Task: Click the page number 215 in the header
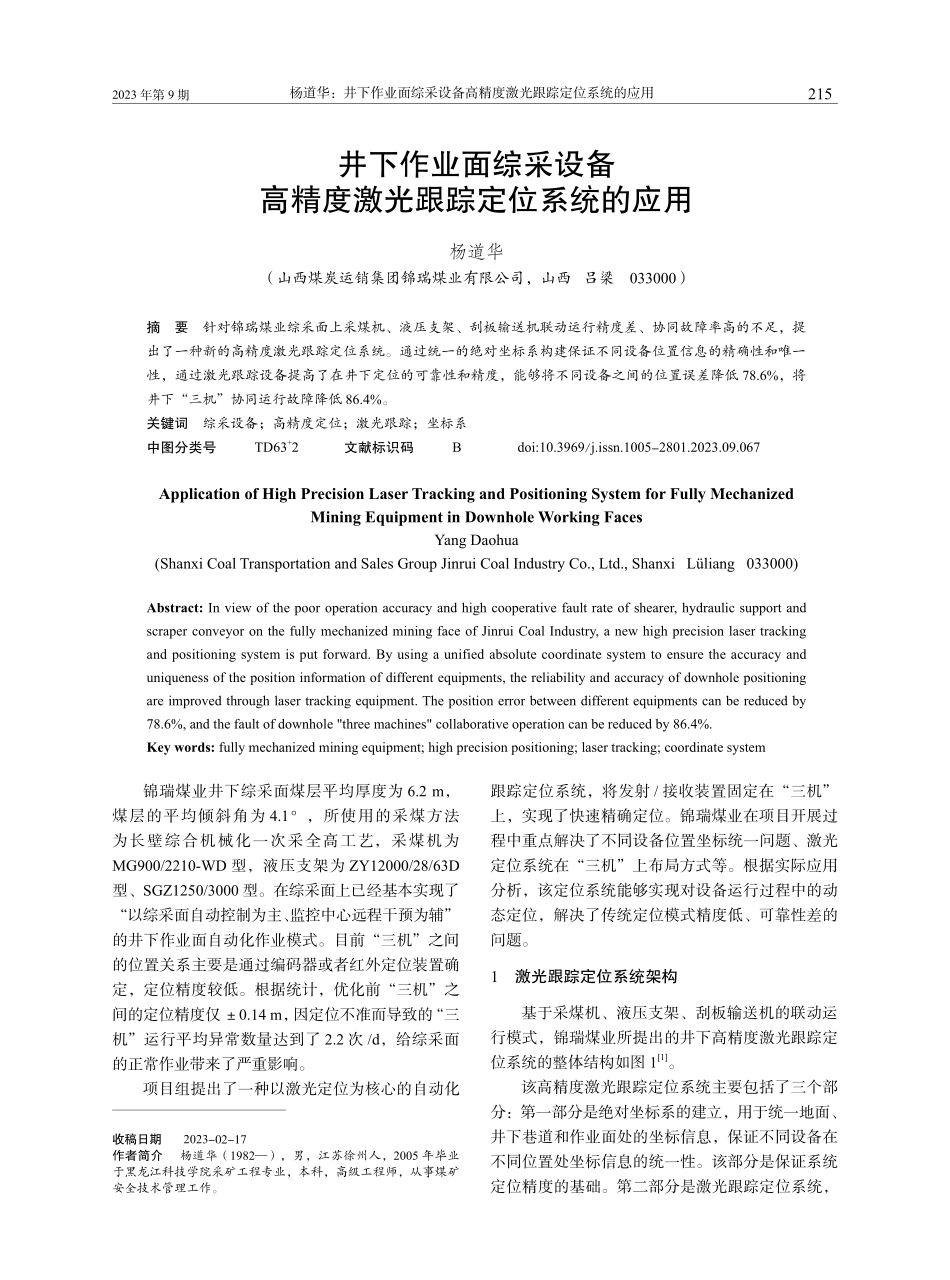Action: [x=819, y=94]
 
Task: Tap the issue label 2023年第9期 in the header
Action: [x=151, y=95]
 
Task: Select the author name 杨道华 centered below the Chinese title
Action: [x=476, y=251]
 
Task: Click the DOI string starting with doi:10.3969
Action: [x=638, y=448]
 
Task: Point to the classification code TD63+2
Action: [x=276, y=448]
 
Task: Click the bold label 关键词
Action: [x=167, y=424]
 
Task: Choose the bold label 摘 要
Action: [x=167, y=328]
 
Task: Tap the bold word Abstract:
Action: [x=175, y=608]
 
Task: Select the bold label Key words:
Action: [x=181, y=747]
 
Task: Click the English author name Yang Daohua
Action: [x=476, y=541]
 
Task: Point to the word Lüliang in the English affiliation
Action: [x=709, y=564]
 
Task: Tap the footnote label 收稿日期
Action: [x=138, y=1138]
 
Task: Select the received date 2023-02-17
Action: [x=215, y=1138]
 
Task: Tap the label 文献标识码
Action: [x=378, y=448]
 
